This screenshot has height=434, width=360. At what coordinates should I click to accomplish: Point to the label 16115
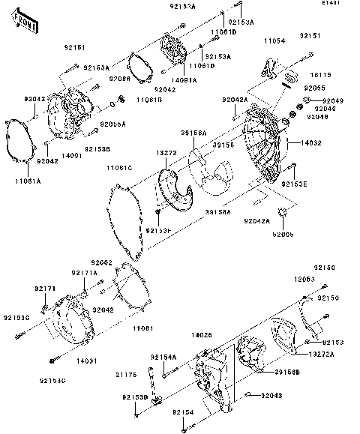(x=320, y=76)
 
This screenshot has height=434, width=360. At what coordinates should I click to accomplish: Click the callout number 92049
(x=332, y=100)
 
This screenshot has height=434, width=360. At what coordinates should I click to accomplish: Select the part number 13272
(x=166, y=152)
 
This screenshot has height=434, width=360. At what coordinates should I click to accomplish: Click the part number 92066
(x=119, y=78)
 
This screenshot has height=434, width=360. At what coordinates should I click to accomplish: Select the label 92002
(x=102, y=262)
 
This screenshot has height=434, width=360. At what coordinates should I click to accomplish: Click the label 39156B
(x=287, y=372)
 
